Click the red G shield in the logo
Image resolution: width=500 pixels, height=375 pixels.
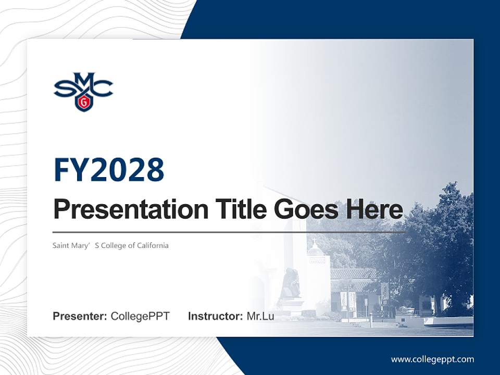(83, 103)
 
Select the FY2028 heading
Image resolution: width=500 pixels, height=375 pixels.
(109, 170)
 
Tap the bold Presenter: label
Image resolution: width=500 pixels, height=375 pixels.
(80, 316)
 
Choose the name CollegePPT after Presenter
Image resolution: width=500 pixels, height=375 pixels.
(140, 316)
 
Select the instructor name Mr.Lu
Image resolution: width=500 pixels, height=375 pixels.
(260, 316)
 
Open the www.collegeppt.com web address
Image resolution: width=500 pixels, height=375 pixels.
(432, 359)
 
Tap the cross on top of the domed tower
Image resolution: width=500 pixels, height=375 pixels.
(315, 242)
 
